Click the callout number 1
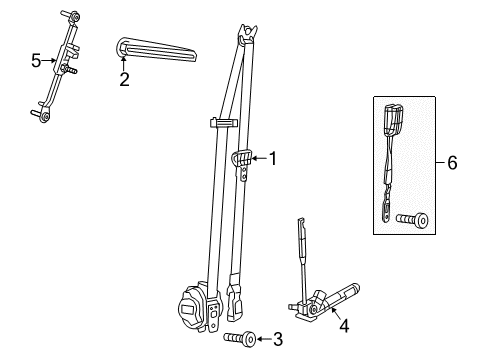tap(272, 157)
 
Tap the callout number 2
tap(124, 79)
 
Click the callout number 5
tap(36, 61)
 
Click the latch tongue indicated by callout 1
tap(241, 159)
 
